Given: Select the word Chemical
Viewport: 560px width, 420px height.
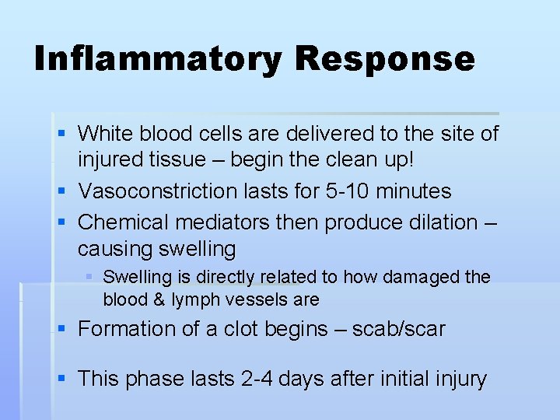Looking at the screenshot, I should click(124, 222).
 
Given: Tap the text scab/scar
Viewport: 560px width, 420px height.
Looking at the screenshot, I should click(399, 329).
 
